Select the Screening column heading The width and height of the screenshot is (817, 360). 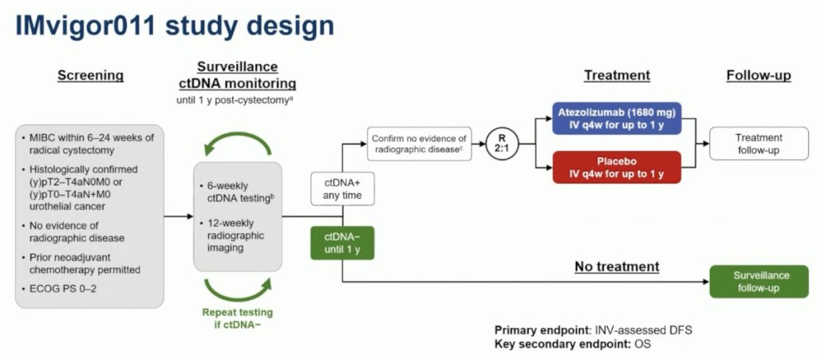(x=90, y=76)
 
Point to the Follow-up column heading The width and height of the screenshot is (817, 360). (x=758, y=76)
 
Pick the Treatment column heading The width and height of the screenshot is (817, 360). (x=617, y=76)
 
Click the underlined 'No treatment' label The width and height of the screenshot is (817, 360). (x=617, y=267)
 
